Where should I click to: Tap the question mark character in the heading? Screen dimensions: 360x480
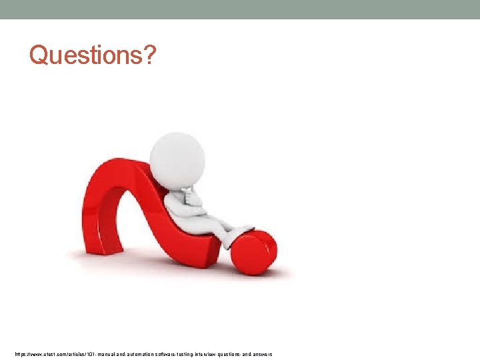[149, 55]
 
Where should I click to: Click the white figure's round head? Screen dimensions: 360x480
[177, 159]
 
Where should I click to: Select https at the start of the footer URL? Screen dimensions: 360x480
[21, 354]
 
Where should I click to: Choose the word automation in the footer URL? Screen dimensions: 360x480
[147, 354]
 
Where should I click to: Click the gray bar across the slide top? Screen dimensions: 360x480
[240, 9]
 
